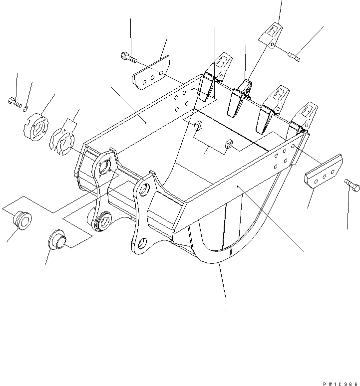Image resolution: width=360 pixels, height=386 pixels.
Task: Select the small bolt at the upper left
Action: [14, 103]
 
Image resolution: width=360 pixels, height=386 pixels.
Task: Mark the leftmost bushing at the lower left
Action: [20, 220]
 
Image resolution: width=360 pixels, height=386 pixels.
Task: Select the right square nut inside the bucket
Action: [229, 144]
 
